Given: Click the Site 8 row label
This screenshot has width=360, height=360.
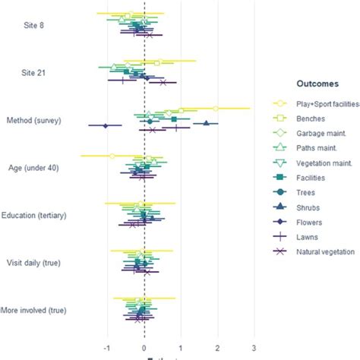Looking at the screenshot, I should pyautogui.click(x=36, y=25).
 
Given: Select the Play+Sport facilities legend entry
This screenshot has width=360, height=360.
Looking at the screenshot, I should pyautogui.click(x=317, y=104).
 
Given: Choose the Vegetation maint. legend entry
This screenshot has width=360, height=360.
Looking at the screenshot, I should pyautogui.click(x=317, y=163).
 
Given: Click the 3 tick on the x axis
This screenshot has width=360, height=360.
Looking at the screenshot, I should pyautogui.click(x=254, y=348).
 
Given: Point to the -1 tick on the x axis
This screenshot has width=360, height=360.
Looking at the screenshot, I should pyautogui.click(x=108, y=348).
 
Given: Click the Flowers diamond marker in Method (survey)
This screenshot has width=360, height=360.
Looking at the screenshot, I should pyautogui.click(x=106, y=125).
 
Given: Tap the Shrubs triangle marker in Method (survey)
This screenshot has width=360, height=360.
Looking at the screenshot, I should pyautogui.click(x=205, y=122).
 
